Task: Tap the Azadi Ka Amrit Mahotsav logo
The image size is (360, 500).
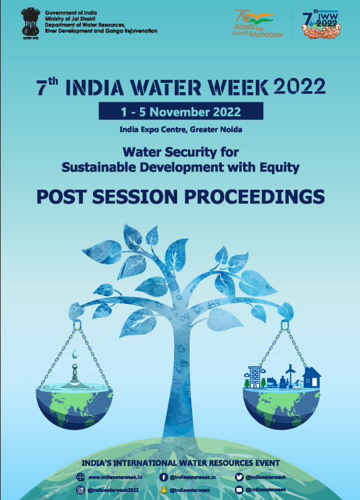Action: [258, 23]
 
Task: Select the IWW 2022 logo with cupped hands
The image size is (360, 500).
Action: [319, 23]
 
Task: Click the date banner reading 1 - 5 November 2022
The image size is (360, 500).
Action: [181, 112]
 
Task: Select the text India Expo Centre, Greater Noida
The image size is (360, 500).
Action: [180, 129]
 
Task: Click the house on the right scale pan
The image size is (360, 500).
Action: [312, 378]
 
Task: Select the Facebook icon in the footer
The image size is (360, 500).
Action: [163, 478]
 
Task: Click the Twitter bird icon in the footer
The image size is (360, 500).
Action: [239, 478]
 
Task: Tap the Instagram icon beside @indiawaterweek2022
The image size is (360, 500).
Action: [80, 489]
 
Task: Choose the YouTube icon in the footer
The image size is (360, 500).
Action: [239, 489]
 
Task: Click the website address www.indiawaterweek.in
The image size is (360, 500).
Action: [112, 478]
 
